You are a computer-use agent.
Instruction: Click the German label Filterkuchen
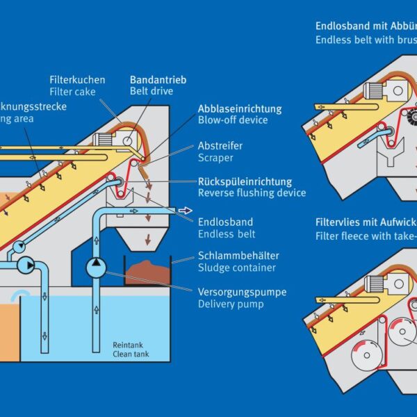(x=77, y=79)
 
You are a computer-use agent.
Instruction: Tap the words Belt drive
(x=151, y=92)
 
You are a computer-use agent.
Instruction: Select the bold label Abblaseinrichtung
(x=240, y=108)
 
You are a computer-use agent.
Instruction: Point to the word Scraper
(x=217, y=158)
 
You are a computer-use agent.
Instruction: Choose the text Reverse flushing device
(x=252, y=193)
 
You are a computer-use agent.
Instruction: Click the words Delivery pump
(x=227, y=304)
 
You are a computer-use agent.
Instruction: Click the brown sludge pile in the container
(x=148, y=270)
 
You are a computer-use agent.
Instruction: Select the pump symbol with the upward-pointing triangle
(x=95, y=267)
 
